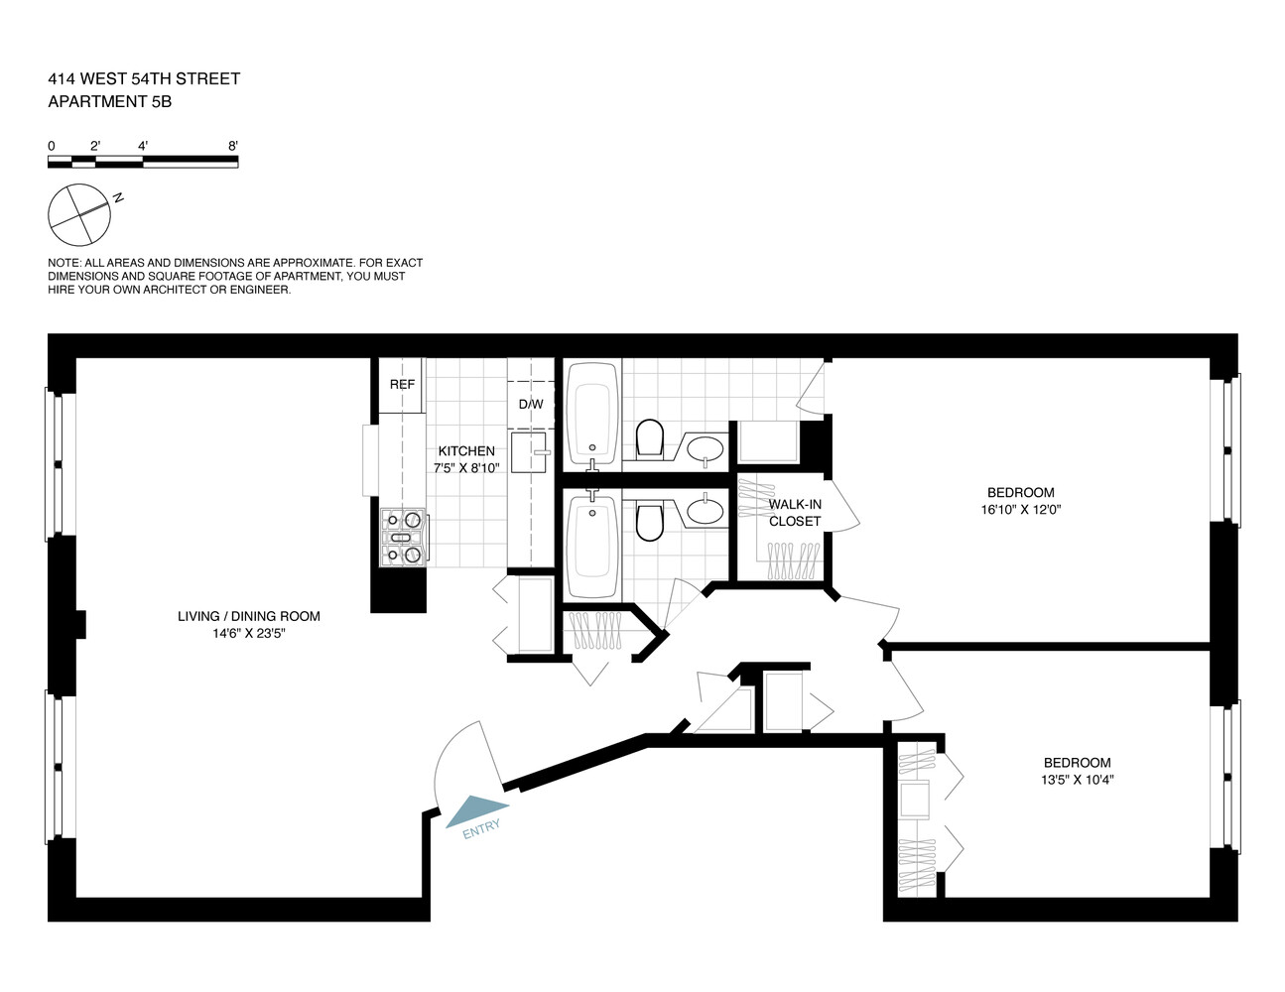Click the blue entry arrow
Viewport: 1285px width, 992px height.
tap(476, 809)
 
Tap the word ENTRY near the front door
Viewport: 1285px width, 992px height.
tap(482, 829)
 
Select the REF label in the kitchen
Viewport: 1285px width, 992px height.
tap(402, 385)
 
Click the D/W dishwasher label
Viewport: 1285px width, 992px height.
tap(531, 405)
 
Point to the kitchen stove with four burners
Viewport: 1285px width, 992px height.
tap(404, 536)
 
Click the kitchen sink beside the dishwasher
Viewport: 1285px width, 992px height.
tap(530, 451)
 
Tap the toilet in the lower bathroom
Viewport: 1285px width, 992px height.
tap(649, 523)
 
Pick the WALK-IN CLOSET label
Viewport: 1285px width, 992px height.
tap(795, 513)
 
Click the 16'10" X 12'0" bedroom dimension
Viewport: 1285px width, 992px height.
tap(1020, 510)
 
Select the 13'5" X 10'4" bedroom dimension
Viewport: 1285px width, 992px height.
tap(1077, 780)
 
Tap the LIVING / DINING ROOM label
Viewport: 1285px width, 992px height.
tap(249, 616)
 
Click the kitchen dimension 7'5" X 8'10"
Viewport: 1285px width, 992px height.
tap(466, 468)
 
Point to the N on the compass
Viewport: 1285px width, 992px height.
tap(118, 198)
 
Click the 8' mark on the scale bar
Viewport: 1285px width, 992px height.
tap(233, 146)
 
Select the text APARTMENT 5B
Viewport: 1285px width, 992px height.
tap(110, 100)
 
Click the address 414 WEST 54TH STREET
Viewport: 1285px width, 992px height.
tap(144, 78)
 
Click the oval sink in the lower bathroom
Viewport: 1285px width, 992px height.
tap(706, 511)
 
